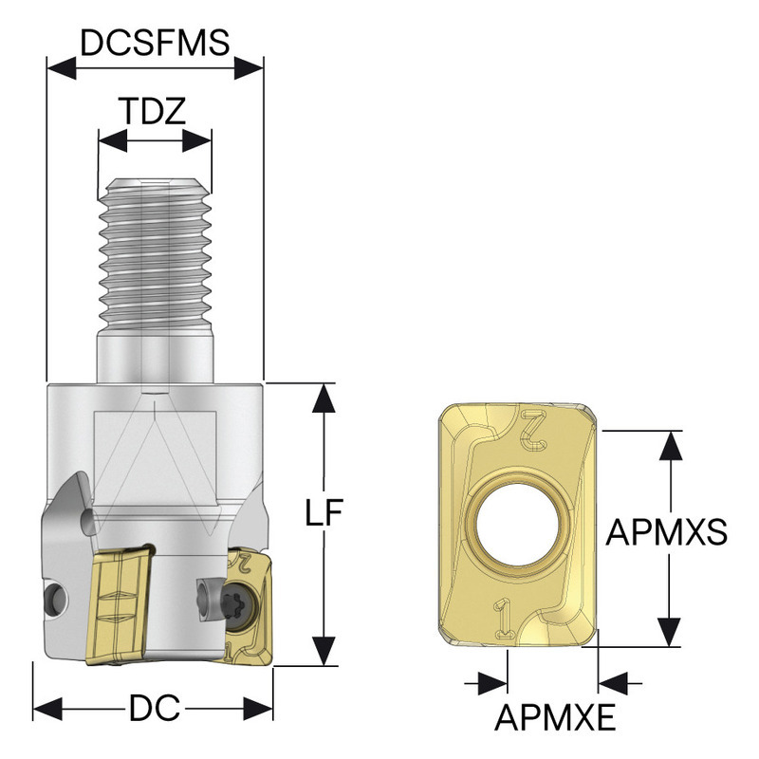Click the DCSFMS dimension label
[x=155, y=43]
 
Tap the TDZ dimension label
[x=152, y=112]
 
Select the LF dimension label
[x=324, y=513]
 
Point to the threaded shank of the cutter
[x=154, y=247]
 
